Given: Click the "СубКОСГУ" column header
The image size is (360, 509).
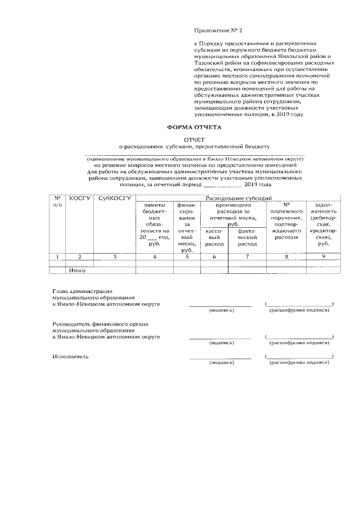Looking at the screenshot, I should (114, 199).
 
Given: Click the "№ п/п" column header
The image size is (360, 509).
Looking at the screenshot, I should (57, 201).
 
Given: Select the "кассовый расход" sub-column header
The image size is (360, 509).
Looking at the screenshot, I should (214, 237).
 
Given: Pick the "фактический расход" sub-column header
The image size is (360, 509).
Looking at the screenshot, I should (247, 237).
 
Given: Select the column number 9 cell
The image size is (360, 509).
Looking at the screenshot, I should (323, 256).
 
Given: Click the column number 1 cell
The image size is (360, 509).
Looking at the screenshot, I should (57, 256).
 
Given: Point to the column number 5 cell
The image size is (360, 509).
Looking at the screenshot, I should (186, 256).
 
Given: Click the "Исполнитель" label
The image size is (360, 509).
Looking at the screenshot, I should (70, 357).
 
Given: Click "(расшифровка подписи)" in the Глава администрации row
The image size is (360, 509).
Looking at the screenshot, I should (299, 310).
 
